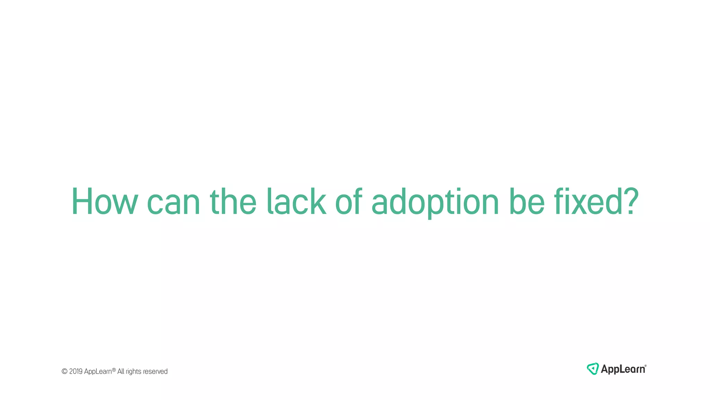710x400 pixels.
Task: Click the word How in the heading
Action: tap(105, 202)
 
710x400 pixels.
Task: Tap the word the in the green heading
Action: tap(233, 202)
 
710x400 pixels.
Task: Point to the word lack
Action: tap(296, 202)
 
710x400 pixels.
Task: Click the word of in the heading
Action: tap(348, 202)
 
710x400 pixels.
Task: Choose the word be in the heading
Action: tap(527, 202)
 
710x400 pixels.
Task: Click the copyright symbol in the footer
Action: tap(64, 372)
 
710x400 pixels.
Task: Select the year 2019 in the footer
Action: tap(76, 372)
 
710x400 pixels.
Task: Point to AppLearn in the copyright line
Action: tap(98, 372)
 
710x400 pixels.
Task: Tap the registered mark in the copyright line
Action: tap(114, 370)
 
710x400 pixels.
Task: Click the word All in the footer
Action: tap(121, 372)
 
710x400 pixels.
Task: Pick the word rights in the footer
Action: tap(133, 372)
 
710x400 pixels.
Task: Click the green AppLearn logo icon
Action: tap(592, 369)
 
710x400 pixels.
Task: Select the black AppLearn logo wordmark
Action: tap(623, 369)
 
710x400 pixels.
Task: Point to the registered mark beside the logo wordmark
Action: tap(646, 366)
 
